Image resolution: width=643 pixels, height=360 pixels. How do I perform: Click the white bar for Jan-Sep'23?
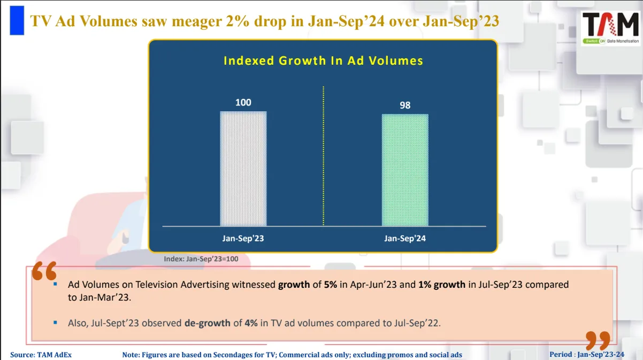243,168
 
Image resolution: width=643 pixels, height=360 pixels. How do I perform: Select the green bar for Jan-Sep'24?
405,170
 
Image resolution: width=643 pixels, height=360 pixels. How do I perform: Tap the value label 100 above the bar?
243,102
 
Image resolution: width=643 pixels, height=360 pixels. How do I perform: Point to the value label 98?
405,105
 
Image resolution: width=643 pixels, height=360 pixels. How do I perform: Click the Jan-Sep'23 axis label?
243,239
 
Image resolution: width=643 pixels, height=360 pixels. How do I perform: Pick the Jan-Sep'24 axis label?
405,239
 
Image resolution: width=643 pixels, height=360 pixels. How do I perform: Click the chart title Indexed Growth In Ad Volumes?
323,60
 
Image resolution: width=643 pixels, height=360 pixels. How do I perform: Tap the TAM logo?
611,28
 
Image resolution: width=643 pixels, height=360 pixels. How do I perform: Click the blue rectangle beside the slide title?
17,20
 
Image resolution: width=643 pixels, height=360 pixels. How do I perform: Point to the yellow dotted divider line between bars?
324,155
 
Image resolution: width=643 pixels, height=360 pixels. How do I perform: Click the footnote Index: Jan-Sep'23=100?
201,259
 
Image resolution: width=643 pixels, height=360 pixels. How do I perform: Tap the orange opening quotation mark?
43,271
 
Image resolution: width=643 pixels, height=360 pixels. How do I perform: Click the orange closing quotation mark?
598,341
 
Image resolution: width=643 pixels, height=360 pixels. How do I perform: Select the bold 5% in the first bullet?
330,285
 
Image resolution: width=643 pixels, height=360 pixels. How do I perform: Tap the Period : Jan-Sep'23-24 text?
586,355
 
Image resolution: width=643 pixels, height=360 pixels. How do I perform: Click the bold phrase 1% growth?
442,285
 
